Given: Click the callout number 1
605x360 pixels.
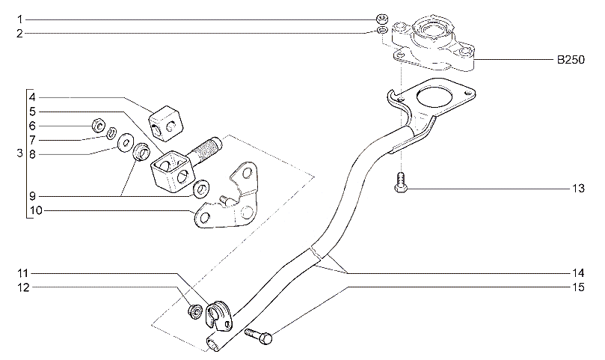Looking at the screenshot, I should (21, 19).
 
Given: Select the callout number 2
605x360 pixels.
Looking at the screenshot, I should (21, 33).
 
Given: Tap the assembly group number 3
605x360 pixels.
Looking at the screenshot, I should (19, 154).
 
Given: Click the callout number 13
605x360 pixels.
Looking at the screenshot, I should (577, 189).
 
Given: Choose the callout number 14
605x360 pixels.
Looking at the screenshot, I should (577, 272).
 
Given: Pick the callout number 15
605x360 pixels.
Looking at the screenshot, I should (577, 285).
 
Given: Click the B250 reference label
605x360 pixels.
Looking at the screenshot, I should (576, 58).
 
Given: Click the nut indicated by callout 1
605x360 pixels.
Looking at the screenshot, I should (381, 18).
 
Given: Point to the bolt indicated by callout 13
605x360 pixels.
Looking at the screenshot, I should (401, 183).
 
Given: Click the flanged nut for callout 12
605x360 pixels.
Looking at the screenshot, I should (194, 311).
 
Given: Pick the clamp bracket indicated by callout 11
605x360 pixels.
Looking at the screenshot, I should (221, 312).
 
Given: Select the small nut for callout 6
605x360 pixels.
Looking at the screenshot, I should (97, 124).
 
